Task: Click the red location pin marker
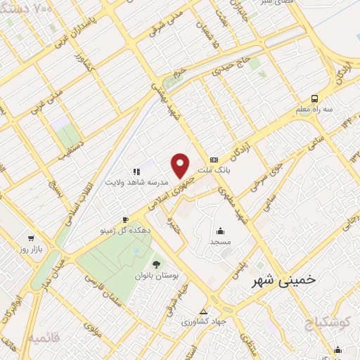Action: (x=181, y=165)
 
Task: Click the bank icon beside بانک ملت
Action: (x=214, y=159)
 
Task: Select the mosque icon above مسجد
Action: (x=220, y=231)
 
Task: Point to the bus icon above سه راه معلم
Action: (x=314, y=98)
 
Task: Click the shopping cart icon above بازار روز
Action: (x=31, y=238)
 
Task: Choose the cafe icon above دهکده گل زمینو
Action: (x=126, y=219)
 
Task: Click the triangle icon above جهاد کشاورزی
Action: (x=204, y=311)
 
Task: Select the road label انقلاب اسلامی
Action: (x=77, y=190)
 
